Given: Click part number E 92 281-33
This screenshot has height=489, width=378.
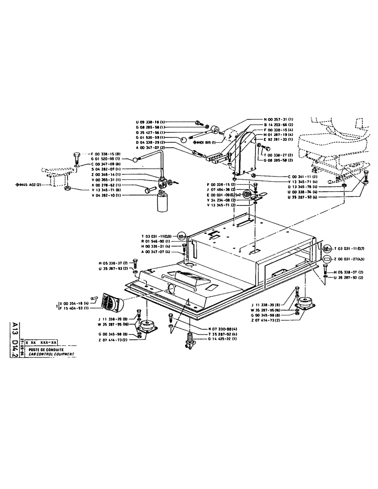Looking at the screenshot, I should (x=278, y=140).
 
